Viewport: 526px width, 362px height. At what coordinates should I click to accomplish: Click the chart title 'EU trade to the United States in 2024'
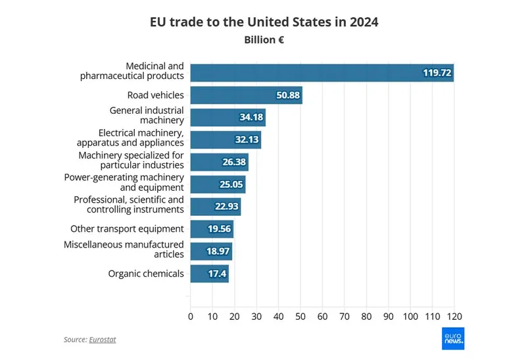tap(263, 22)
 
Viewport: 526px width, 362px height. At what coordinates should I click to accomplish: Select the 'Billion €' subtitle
tap(263, 39)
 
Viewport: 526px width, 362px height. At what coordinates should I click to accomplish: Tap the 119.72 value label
tap(437, 73)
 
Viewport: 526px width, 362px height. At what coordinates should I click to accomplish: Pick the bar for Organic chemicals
tap(209, 274)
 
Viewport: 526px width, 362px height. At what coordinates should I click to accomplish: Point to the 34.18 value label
tap(251, 118)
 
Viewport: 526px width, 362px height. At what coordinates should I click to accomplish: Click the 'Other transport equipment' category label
tap(127, 229)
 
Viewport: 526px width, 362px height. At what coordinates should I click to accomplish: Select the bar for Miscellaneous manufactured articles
tap(211, 251)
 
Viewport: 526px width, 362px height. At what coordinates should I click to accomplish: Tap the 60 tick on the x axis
tap(322, 317)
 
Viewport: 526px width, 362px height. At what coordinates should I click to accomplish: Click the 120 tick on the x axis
tap(454, 317)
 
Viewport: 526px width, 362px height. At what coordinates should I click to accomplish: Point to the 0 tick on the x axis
tap(191, 317)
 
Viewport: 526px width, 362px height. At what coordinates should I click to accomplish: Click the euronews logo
tap(452, 339)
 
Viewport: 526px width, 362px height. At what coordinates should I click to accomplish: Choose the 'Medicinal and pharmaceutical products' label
tap(132, 71)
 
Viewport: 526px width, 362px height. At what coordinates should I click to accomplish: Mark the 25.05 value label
tap(229, 185)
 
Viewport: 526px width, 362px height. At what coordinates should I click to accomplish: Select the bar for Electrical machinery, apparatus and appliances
tap(226, 140)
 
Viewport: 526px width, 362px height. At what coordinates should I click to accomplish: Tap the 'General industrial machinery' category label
tap(147, 115)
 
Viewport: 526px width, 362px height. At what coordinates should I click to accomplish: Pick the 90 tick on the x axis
tap(389, 317)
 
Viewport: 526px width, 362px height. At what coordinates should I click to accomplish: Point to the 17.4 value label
tap(216, 274)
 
